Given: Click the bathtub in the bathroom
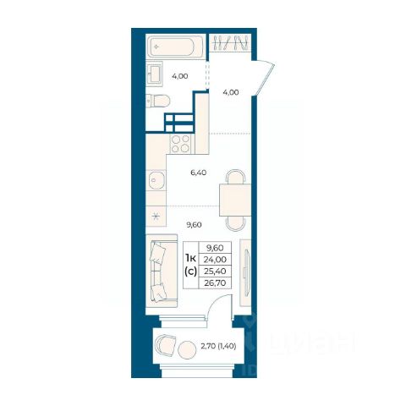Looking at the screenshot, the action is tap(175, 47).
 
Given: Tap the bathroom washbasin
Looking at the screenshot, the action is tap(155, 74).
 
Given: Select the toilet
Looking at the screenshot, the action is tap(158, 101).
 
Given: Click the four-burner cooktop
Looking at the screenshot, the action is tap(180, 144).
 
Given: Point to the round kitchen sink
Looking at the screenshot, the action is tap(156, 180).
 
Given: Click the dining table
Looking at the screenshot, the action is tap(235, 200).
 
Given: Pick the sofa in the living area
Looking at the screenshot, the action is tap(162, 271).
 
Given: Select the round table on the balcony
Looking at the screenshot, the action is tap(187, 349).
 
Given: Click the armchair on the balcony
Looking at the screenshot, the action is tap(166, 345).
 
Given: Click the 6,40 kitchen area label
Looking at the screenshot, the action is tap(199, 173).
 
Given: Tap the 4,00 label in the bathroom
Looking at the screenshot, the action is tap(180, 76).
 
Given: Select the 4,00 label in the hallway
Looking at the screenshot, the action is tap(231, 92).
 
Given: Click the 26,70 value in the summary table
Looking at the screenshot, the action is tap(215, 283).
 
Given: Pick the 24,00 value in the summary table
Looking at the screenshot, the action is tap(215, 259).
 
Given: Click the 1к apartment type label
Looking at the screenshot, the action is tap(190, 258).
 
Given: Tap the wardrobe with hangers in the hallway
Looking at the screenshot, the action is tap(230, 43).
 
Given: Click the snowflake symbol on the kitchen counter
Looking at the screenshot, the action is tap(156, 217).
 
